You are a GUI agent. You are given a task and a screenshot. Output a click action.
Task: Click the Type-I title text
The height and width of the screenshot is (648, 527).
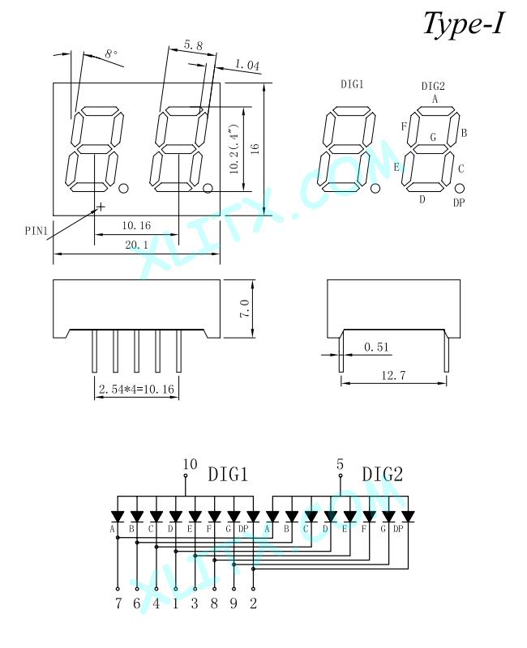pos(463,23)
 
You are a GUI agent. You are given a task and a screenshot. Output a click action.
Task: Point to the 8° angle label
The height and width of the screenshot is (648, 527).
pos(111,53)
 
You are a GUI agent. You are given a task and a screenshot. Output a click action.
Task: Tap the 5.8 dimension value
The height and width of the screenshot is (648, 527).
pos(194,45)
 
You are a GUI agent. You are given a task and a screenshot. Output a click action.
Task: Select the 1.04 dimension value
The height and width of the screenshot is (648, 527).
pos(247,65)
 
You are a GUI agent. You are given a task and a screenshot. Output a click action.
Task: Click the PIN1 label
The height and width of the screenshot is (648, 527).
pos(36,231)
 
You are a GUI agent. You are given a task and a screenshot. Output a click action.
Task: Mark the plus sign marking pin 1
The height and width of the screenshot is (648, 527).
pos(100,206)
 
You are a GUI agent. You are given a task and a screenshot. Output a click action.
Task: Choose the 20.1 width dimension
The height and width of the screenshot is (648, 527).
pos(136,245)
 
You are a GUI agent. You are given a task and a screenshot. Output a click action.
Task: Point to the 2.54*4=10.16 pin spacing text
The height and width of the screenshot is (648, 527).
pos(136,389)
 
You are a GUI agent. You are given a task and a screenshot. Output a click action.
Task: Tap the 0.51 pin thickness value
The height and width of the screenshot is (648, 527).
pos(376,347)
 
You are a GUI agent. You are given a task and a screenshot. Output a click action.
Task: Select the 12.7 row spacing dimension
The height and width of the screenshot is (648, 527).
pos(393,375)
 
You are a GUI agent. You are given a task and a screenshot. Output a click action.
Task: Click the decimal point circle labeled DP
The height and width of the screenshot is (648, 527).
pos(459,189)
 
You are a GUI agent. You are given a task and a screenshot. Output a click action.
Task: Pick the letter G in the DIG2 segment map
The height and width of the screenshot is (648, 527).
pos(433,137)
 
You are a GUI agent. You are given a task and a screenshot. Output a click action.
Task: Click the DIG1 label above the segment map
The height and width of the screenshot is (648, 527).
pos(352,84)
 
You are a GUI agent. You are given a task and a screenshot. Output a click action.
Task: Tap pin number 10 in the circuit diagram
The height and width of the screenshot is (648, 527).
pos(190,464)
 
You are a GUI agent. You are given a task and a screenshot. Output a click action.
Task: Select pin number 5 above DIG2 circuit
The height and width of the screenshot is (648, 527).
pos(340,464)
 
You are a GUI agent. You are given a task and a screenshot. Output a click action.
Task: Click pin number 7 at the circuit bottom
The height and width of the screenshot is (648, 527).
pos(118,603)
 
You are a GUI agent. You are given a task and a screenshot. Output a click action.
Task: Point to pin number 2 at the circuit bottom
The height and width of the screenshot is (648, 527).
pos(253,603)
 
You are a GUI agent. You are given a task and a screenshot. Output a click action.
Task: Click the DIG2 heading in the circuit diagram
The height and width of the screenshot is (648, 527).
pos(382,474)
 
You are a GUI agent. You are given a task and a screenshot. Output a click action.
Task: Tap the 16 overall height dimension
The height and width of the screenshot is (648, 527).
pos(255,149)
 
